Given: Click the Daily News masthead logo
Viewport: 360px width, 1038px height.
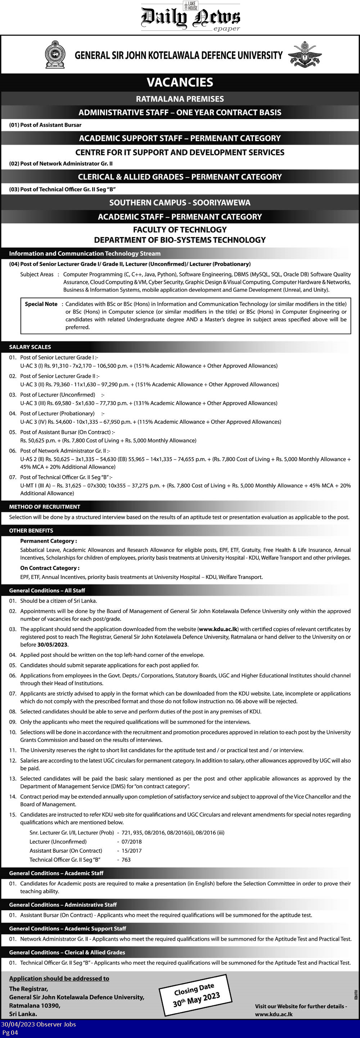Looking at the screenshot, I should tap(190, 17).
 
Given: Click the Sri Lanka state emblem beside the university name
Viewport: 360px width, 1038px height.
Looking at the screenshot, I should tap(55, 54).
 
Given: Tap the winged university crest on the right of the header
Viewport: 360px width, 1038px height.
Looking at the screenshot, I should tap(305, 54).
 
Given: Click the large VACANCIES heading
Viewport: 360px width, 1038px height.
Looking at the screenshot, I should tap(180, 82).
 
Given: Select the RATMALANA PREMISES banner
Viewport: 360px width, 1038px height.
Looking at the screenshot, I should tap(180, 99).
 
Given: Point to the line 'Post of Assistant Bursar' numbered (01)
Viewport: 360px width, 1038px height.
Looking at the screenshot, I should tap(45, 125).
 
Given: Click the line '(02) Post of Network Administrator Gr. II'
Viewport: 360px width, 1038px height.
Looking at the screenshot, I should tap(61, 164).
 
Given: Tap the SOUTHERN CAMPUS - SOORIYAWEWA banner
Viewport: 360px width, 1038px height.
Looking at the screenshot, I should tap(180, 202).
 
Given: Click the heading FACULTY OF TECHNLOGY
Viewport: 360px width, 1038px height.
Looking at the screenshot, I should tap(180, 230).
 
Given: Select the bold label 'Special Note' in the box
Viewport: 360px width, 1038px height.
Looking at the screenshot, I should tap(41, 304).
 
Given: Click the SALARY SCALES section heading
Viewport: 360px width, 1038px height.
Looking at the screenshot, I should tap(30, 347).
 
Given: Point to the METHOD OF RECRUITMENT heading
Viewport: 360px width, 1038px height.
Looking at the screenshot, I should tap(45, 507).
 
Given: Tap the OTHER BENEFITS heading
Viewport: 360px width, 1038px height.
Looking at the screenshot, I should tap(31, 531).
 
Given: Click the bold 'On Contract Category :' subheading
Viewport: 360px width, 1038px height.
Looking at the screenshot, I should tap(50, 568).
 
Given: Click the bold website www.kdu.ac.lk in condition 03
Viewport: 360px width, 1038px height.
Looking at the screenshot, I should tap(218, 629).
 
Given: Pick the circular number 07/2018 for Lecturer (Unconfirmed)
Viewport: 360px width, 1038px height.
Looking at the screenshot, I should tap(131, 842).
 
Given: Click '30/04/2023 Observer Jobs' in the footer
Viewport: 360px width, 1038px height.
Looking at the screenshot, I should tap(39, 1024).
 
